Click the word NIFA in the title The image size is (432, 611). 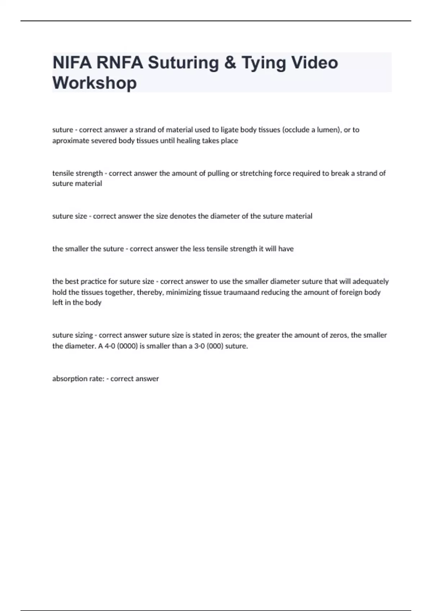coord(71,63)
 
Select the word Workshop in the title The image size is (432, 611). coord(95,83)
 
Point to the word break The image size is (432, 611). coord(340,173)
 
